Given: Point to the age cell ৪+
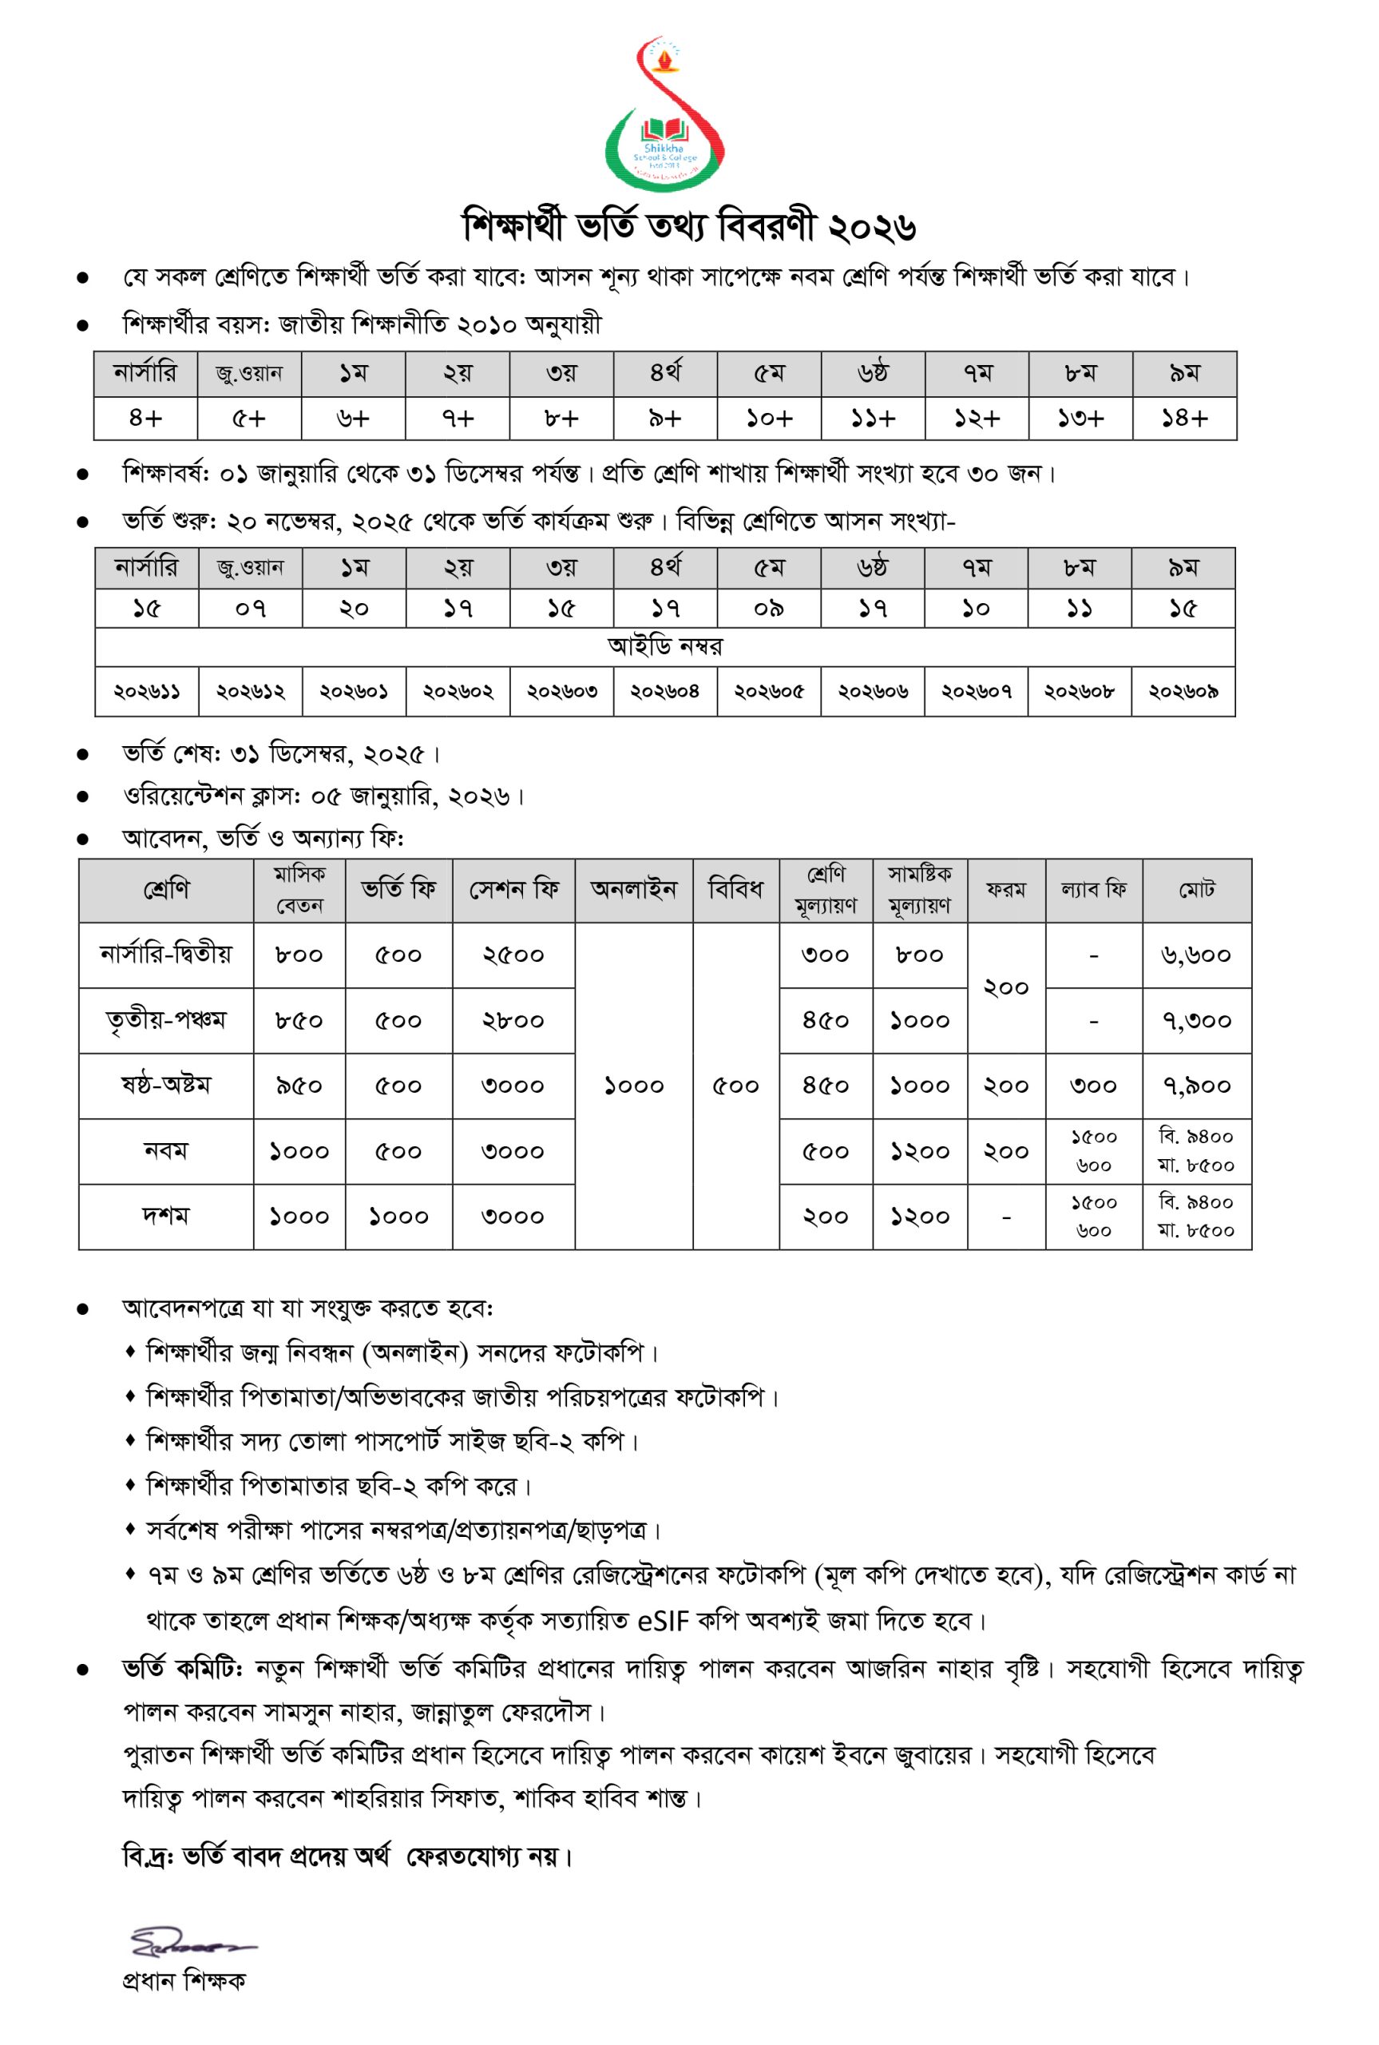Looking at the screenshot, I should pyautogui.click(x=146, y=419).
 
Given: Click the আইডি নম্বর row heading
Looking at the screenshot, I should pyautogui.click(x=664, y=646).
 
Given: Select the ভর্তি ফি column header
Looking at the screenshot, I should pyautogui.click(x=398, y=890).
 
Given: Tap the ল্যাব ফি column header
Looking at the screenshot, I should pyautogui.click(x=1093, y=890).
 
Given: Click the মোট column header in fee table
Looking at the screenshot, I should pyautogui.click(x=1197, y=890).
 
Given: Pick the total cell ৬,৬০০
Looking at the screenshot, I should pyautogui.click(x=1197, y=955).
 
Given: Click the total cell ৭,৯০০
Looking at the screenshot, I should pyautogui.click(x=1197, y=1086).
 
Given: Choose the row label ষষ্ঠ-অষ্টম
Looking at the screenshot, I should pyautogui.click(x=166, y=1086).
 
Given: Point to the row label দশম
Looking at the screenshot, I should pyautogui.click(x=166, y=1217).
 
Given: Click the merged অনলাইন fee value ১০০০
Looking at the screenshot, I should pyautogui.click(x=634, y=1086).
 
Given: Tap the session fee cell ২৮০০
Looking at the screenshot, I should pyautogui.click(x=513, y=1021).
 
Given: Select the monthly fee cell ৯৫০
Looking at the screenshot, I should pyautogui.click(x=299, y=1086).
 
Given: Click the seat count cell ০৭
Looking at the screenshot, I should pyautogui.click(x=251, y=609).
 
